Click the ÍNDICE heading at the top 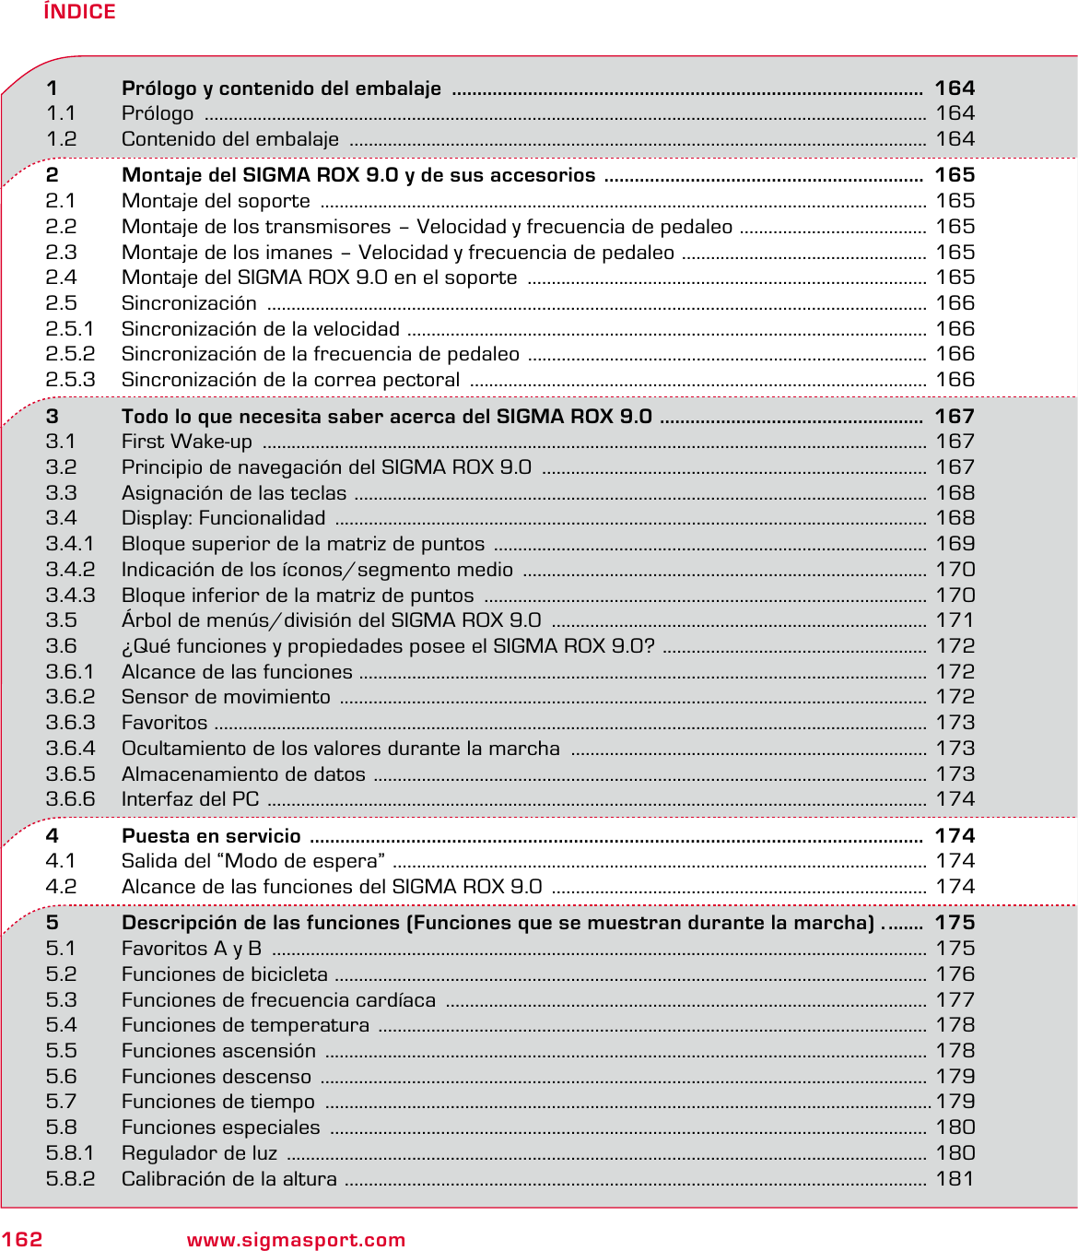(79, 12)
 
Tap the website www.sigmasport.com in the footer (296, 1240)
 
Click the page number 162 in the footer (22, 1239)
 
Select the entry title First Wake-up (187, 443)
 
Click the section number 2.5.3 (70, 380)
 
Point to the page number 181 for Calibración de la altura (955, 1179)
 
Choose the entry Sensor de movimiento (226, 698)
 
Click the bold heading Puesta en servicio (211, 836)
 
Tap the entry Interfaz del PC (190, 800)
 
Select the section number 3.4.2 (70, 570)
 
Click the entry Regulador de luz (199, 1153)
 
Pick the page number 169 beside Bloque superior (955, 544)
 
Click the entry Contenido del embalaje (230, 139)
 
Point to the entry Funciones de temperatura (245, 1025)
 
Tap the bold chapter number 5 (53, 923)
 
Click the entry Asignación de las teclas (234, 493)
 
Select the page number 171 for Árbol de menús (955, 620)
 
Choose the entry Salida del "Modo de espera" (253, 861)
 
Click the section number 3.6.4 (70, 749)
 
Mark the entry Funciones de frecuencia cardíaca (278, 1000)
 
